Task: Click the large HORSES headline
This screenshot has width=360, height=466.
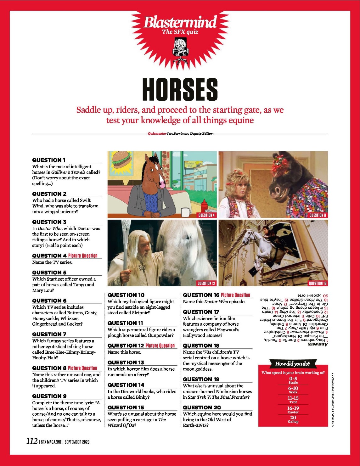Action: [180, 89]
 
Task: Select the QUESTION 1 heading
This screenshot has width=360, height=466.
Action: [49, 160]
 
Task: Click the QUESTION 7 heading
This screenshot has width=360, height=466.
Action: [49, 334]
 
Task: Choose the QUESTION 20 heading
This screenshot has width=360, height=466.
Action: [202, 407]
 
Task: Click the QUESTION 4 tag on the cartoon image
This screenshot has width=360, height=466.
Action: [206, 215]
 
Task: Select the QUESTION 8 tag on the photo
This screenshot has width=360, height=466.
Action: [318, 215]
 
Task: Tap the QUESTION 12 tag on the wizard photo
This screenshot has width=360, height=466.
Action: [206, 283]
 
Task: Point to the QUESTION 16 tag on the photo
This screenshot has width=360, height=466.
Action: [318, 283]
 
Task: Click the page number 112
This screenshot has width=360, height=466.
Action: [32, 441]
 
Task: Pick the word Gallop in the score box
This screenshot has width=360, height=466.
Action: [293, 422]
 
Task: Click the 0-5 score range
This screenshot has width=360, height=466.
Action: [293, 379]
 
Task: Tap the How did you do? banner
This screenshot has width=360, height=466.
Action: [293, 364]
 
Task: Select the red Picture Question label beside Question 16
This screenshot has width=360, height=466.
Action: [235, 295]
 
